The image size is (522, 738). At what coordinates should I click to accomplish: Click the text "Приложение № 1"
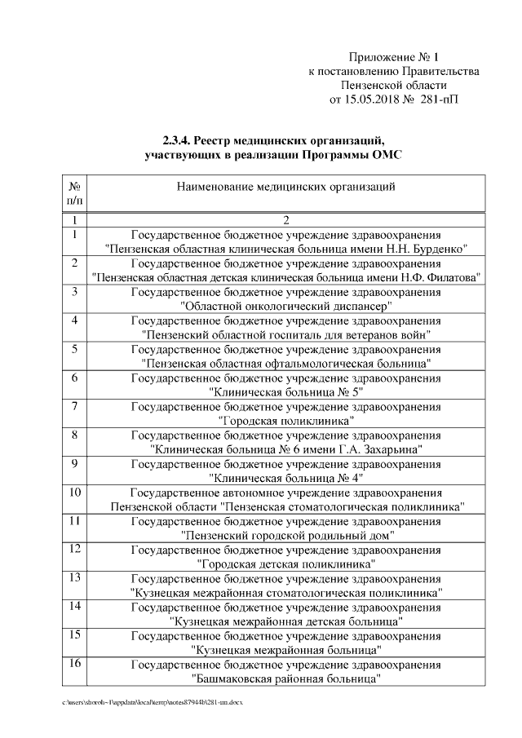[393, 57]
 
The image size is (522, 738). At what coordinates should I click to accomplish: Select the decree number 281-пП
[441, 101]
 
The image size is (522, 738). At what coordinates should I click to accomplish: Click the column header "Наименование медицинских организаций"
[286, 187]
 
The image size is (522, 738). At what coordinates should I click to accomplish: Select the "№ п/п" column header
[74, 193]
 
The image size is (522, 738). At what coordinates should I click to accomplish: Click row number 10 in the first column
[74, 493]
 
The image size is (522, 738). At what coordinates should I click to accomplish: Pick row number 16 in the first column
[74, 664]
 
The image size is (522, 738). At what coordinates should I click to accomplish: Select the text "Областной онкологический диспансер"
[286, 306]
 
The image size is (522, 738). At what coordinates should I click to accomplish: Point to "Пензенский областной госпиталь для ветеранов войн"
[286, 334]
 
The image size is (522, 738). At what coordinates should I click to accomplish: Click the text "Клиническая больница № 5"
[286, 391]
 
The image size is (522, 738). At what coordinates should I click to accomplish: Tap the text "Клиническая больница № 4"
[286, 477]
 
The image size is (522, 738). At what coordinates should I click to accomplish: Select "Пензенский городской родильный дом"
[286, 535]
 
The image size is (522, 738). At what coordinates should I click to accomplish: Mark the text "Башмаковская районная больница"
[286, 678]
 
